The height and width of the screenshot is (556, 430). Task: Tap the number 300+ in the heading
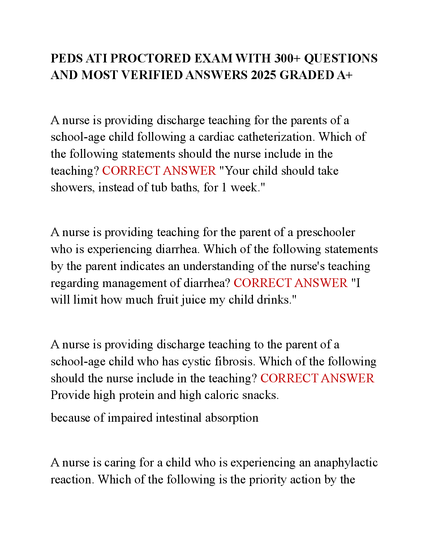[x=287, y=58]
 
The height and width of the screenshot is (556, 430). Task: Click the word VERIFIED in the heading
[x=152, y=75]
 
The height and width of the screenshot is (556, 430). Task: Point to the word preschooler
[x=326, y=232]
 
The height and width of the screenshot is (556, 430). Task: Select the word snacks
[x=260, y=395]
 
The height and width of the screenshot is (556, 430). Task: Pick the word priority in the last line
[x=265, y=480]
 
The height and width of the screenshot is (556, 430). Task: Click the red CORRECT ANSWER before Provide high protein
[x=317, y=378]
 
